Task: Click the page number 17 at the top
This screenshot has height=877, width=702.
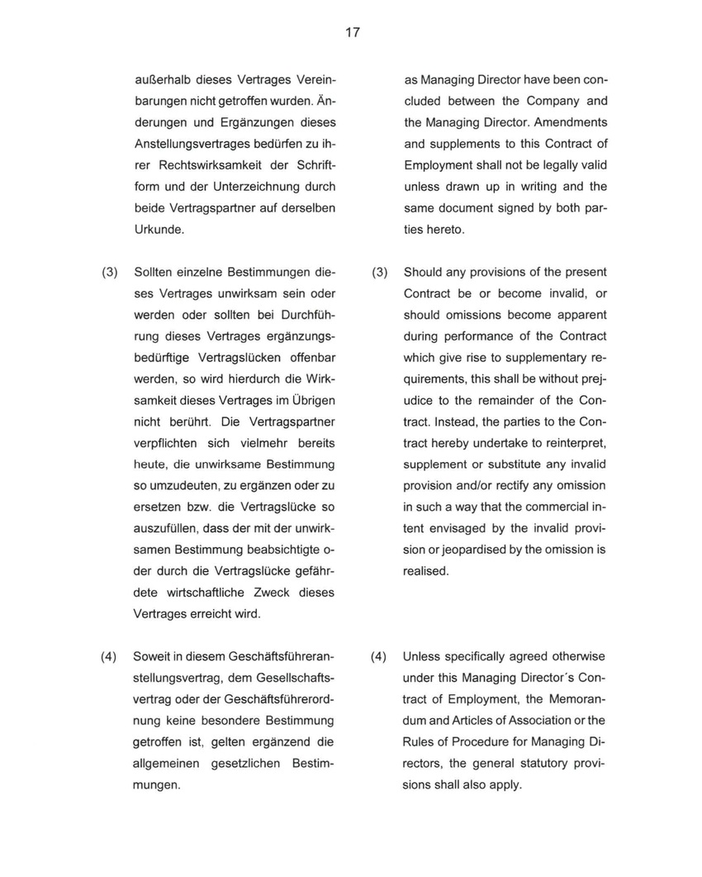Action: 353,32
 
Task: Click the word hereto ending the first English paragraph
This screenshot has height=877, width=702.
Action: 447,230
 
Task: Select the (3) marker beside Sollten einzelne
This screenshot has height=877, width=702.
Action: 109,272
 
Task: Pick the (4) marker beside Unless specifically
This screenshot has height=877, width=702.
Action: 378,656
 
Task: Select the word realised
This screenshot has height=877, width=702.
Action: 425,571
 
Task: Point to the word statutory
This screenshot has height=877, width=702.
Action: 548,764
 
